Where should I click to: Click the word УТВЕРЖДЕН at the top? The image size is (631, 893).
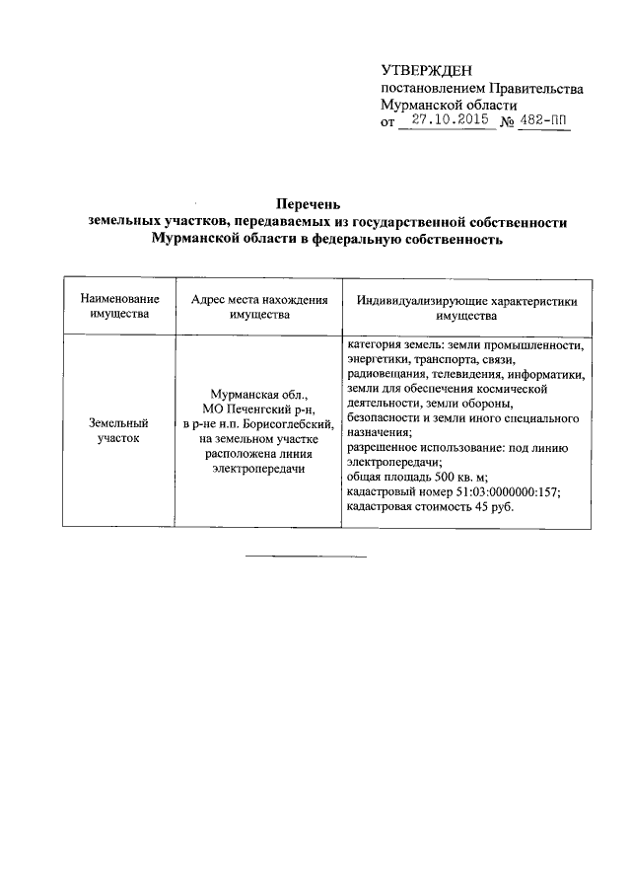(427, 70)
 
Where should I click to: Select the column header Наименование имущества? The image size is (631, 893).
(118, 308)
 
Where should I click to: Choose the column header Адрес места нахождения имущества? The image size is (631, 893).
(258, 308)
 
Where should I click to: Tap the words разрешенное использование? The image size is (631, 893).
(408, 448)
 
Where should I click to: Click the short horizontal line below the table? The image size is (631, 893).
(306, 557)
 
